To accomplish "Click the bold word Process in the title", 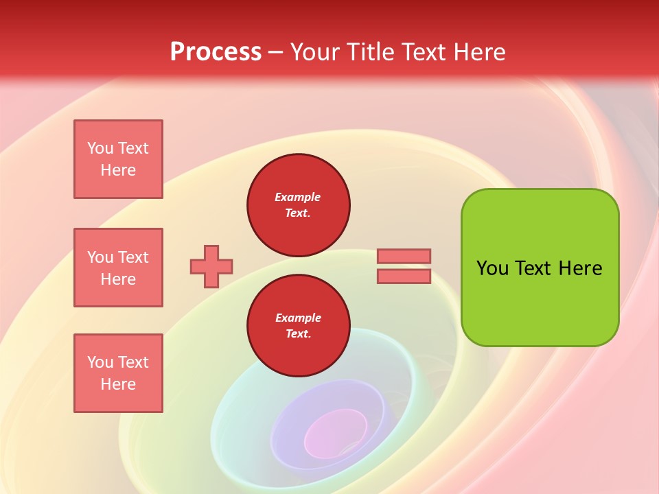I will pos(216,52).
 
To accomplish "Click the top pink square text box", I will pos(118,159).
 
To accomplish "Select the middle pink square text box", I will pos(118,268).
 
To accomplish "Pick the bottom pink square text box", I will pos(118,373).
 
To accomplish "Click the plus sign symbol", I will pos(211,266).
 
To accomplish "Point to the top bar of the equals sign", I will pos(404,256).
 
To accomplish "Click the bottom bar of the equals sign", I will pos(404,276).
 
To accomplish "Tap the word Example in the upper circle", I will pos(298,197).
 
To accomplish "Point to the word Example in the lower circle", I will pos(298,318).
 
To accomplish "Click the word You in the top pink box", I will pos(100,148).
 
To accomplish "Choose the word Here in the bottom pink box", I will pos(118,384).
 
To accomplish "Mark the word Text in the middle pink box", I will pos(133,257).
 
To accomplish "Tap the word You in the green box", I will pos(493,268).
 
